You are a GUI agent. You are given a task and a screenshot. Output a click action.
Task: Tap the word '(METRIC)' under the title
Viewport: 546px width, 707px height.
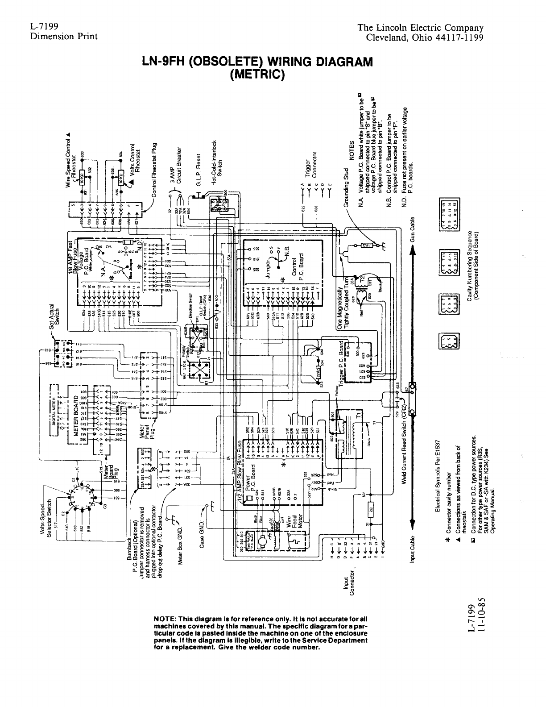(x=257, y=73)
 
